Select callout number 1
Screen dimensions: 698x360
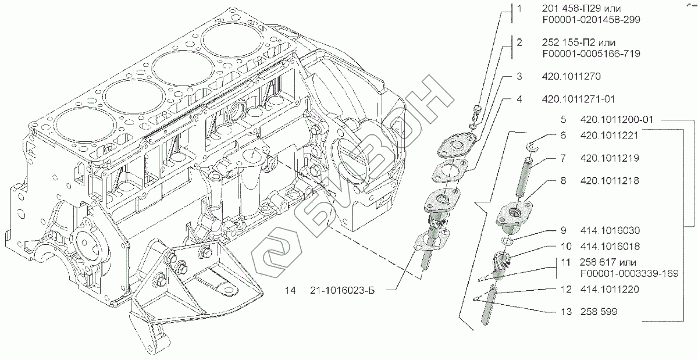point(519,9)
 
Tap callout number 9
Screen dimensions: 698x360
point(563,229)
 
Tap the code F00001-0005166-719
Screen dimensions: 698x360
point(591,54)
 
